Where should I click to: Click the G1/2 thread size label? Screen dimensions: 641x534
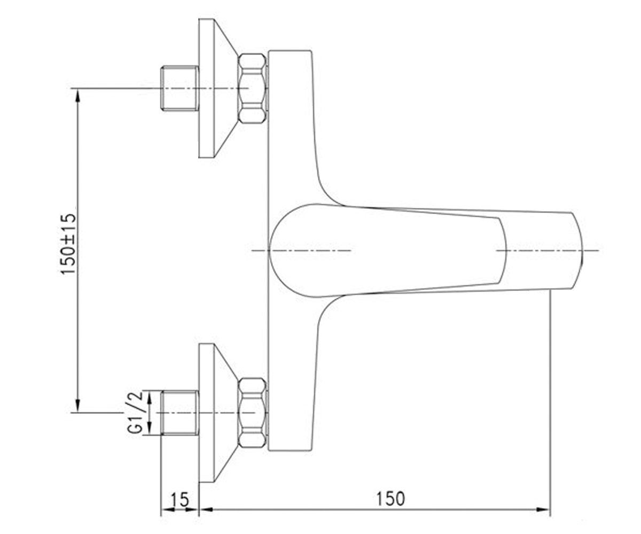point(135,412)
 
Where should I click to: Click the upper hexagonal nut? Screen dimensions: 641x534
point(252,89)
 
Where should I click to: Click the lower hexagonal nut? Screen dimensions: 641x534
point(252,413)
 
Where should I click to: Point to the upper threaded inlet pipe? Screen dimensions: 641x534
point(180,88)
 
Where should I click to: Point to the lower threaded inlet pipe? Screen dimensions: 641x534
point(180,413)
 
